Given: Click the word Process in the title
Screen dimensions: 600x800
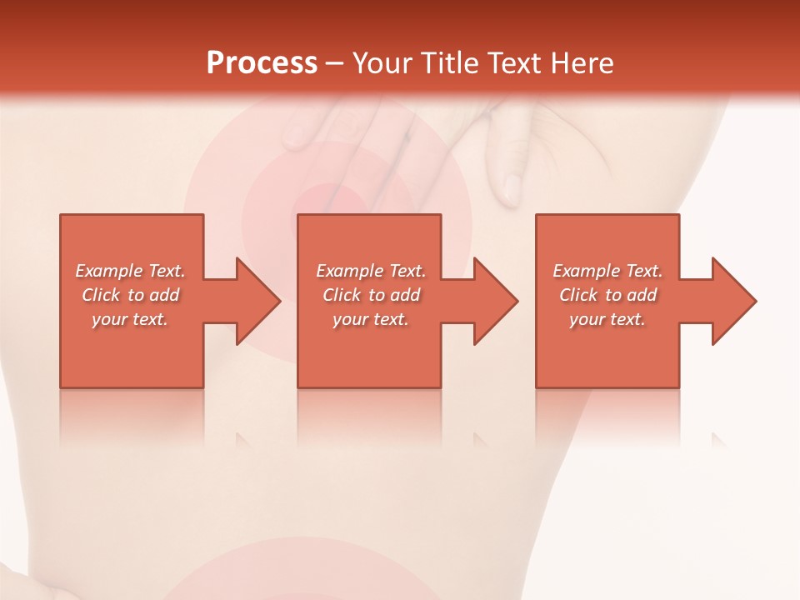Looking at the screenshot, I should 262,63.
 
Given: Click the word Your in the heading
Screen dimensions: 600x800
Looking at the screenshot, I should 384,63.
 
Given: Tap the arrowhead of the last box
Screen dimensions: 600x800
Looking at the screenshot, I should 732,301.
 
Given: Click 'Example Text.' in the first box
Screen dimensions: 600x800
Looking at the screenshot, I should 130,271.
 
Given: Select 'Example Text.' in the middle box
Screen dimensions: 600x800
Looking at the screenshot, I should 371,271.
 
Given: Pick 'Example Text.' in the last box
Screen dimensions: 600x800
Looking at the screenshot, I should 607,271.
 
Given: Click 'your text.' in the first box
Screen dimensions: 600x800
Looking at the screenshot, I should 130,319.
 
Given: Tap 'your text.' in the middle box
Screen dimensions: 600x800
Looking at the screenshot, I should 371,319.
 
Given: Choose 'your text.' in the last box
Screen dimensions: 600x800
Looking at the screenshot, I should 607,319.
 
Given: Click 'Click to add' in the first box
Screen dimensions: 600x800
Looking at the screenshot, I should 130,295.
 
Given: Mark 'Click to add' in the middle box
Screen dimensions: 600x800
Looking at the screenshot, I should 371,295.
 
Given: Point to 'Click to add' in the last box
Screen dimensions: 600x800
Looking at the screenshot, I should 607,295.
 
